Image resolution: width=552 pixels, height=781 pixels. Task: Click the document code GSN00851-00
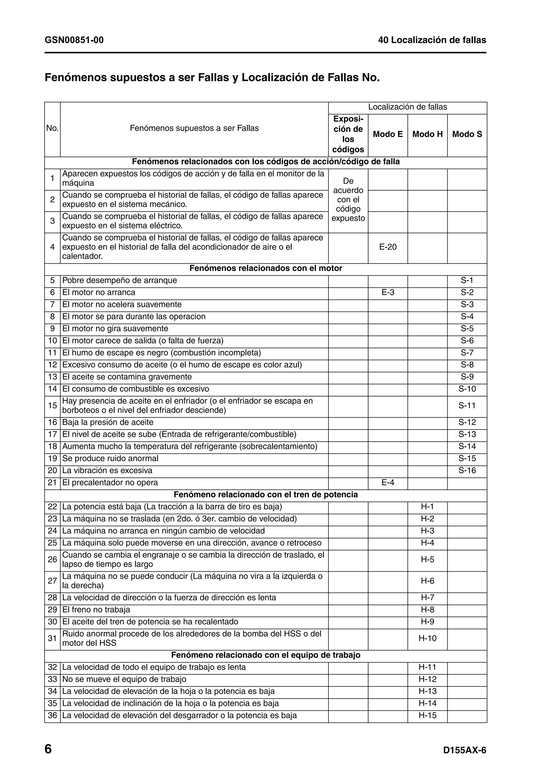pyautogui.click(x=74, y=40)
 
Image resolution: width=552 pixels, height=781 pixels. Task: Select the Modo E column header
pyautogui.click(x=388, y=134)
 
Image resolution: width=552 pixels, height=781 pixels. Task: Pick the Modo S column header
pyautogui.click(x=467, y=134)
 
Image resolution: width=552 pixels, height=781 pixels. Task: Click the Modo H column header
pyautogui.click(x=427, y=134)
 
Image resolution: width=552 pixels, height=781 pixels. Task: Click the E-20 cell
pyautogui.click(x=388, y=247)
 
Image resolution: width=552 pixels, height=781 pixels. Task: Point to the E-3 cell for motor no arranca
pyautogui.click(x=388, y=292)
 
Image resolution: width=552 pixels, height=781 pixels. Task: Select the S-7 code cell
pyautogui.click(x=467, y=353)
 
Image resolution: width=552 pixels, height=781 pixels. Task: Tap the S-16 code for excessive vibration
pyautogui.click(x=467, y=471)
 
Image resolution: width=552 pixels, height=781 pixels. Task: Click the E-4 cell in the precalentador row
pyautogui.click(x=388, y=483)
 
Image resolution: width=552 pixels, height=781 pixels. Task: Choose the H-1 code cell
pyautogui.click(x=427, y=507)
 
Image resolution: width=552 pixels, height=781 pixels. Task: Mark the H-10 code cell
pyautogui.click(x=427, y=638)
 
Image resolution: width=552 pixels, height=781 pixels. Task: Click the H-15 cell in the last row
pyautogui.click(x=427, y=715)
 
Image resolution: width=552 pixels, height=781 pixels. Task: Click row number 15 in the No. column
pyautogui.click(x=52, y=406)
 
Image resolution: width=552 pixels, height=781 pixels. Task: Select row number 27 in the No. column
pyautogui.click(x=52, y=581)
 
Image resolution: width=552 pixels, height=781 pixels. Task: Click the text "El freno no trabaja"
pyautogui.click(x=96, y=610)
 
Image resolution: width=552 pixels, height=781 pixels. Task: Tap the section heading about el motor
pyautogui.click(x=266, y=268)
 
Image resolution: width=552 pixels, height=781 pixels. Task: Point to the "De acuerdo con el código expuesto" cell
pyautogui.click(x=348, y=200)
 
